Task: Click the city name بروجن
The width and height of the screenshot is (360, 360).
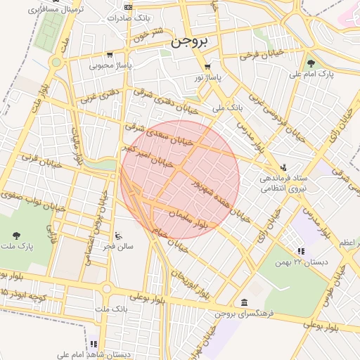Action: coord(190,41)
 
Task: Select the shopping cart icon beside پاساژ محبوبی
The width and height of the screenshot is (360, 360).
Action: coord(109,55)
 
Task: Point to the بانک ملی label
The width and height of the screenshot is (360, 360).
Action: coord(226,108)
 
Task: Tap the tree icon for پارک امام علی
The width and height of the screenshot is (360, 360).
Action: coord(311,63)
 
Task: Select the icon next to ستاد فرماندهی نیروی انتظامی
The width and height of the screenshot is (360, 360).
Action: coord(283,167)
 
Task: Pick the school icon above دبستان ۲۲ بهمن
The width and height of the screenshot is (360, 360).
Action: coord(301,251)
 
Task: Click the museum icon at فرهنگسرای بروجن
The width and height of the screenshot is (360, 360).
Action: coord(243,302)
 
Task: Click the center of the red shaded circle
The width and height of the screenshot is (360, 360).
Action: coord(180,179)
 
